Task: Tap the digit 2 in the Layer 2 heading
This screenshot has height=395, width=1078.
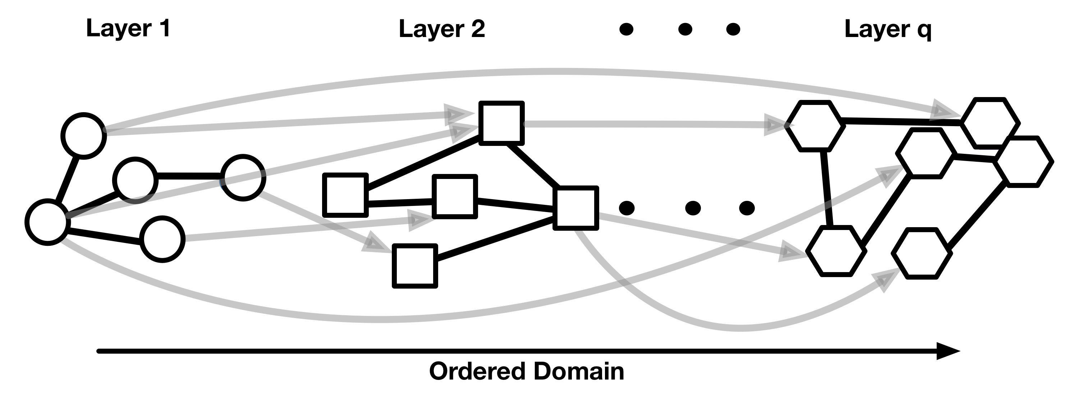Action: pos(477,29)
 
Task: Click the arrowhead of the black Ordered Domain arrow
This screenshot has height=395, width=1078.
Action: pos(948,351)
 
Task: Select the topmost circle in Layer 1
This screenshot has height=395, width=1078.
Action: pos(84,136)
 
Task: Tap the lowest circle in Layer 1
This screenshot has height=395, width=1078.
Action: pos(162,239)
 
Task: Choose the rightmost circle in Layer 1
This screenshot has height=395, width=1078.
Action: pos(243,178)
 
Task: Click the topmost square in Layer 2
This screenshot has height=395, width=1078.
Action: pos(501,123)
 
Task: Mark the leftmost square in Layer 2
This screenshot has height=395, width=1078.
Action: pos(345,195)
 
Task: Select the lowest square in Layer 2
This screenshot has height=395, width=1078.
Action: pos(415,266)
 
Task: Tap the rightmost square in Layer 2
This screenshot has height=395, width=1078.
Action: pos(575,208)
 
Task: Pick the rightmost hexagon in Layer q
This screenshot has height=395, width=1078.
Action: pos(1024,161)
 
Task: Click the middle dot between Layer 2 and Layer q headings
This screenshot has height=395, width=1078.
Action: pos(685,29)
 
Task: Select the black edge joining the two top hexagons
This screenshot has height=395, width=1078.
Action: pos(900,122)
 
